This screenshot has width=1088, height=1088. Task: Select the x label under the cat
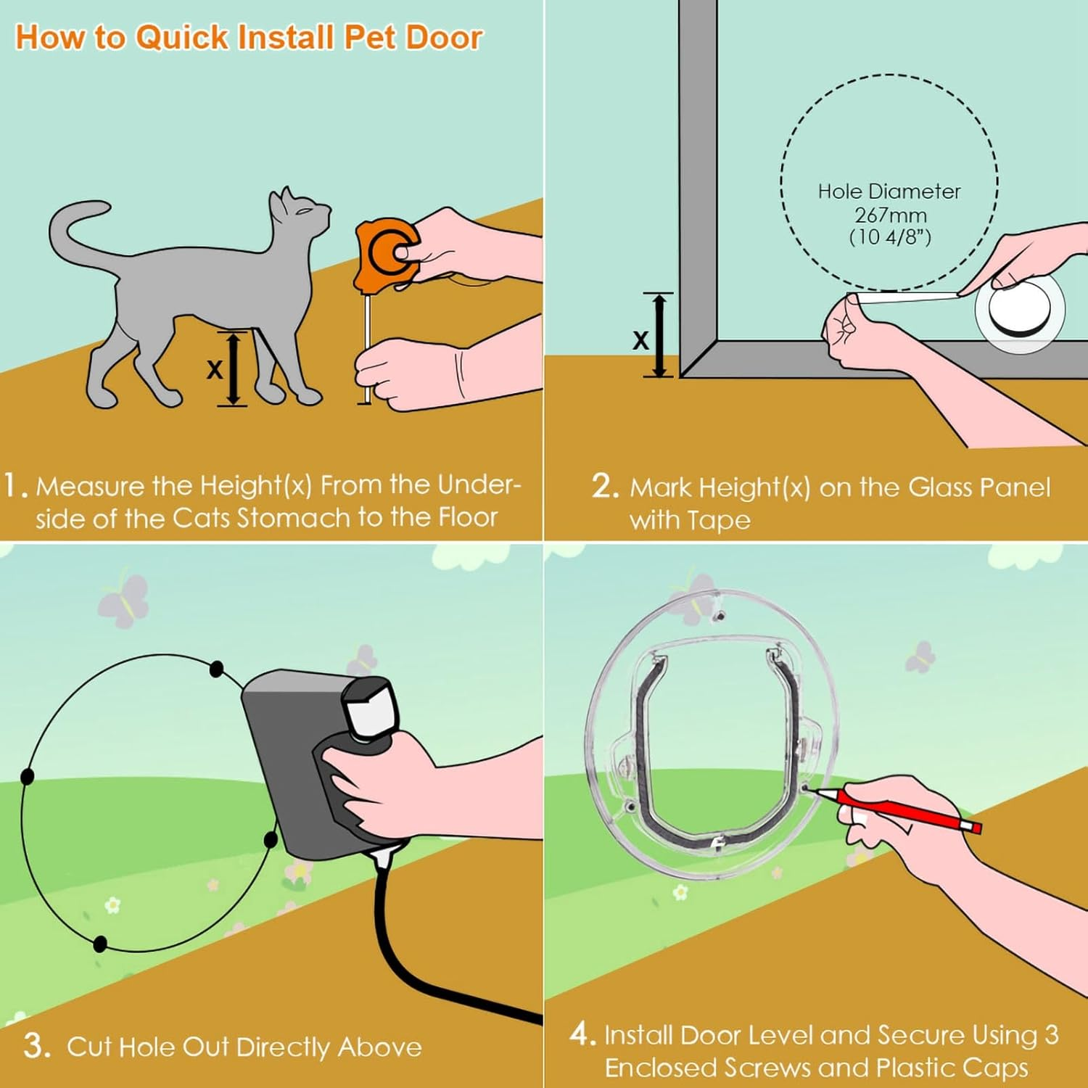tap(214, 370)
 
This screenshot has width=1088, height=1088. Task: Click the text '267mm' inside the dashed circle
tap(890, 215)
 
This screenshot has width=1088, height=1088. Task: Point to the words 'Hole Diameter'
tap(889, 191)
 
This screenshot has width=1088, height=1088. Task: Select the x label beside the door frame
tap(640, 339)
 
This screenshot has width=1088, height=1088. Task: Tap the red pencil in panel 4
tap(899, 809)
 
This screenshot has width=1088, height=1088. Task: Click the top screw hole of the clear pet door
tap(720, 616)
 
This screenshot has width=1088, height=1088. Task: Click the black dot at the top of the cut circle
tap(216, 669)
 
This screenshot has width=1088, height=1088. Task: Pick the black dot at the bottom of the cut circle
tap(100, 944)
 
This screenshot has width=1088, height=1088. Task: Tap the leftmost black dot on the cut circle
tap(28, 777)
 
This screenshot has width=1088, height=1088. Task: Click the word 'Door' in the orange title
tap(444, 38)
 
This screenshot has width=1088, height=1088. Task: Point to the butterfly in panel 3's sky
tap(125, 598)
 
